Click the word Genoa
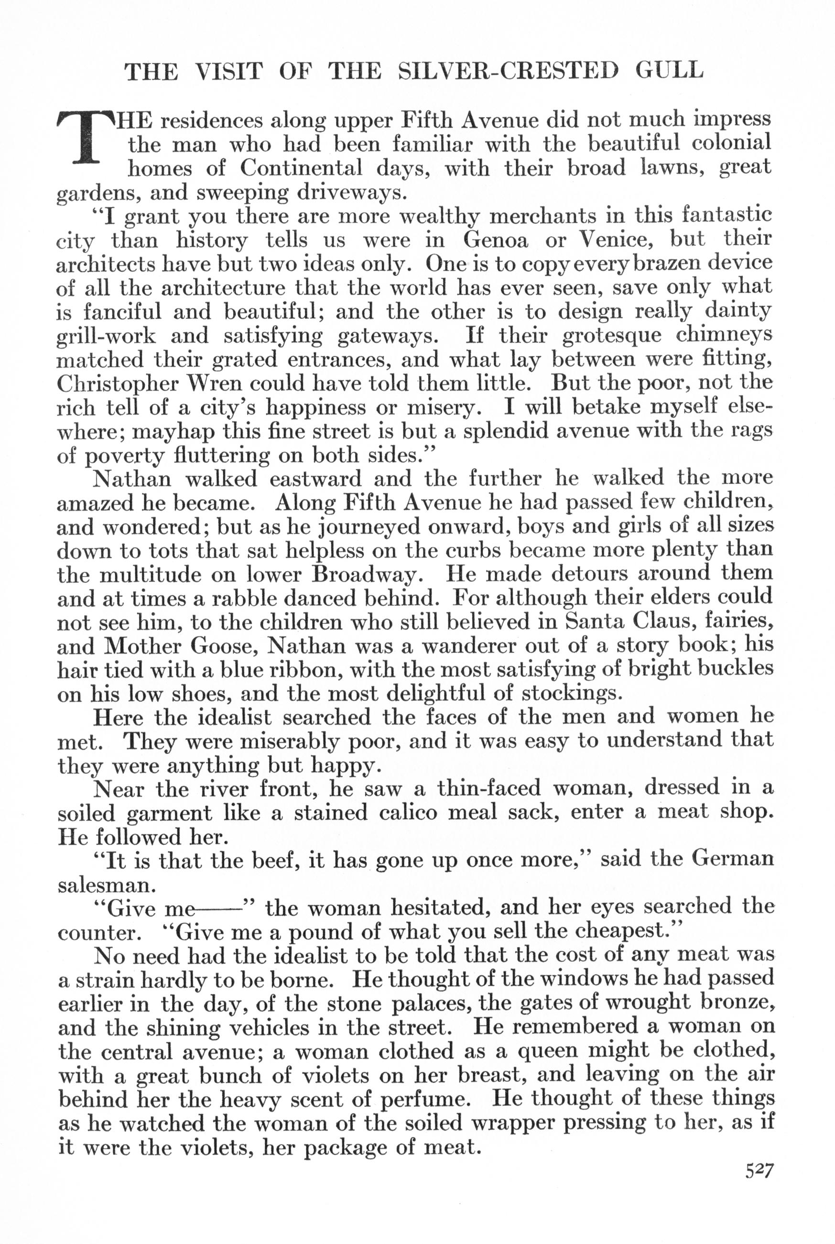(495, 240)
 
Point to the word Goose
(224, 646)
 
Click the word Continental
(301, 168)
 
